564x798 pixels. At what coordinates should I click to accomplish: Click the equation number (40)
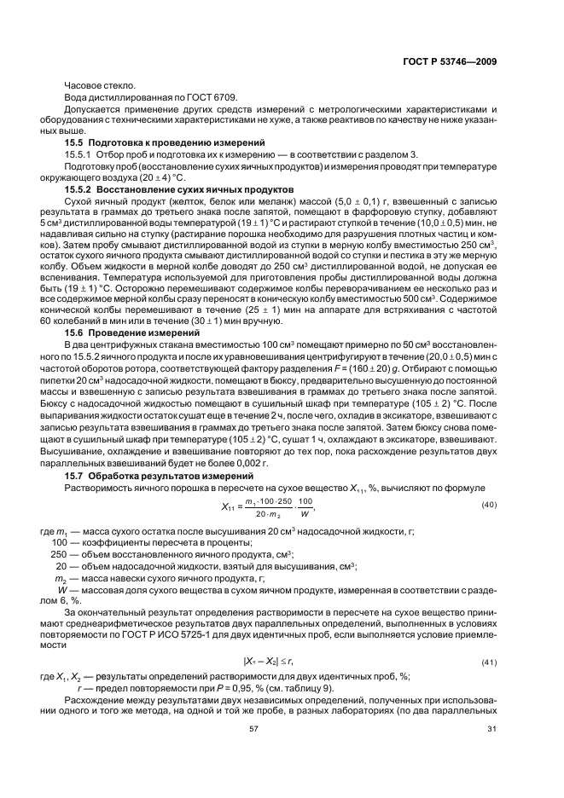point(489,506)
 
